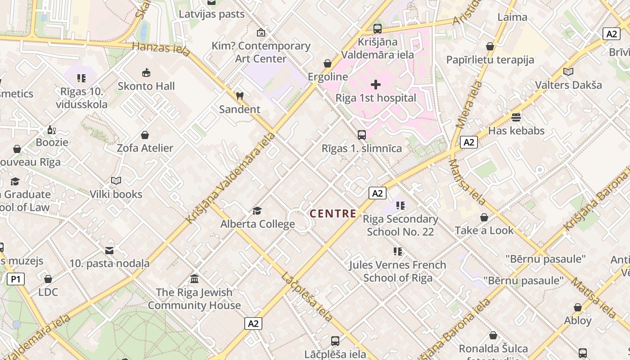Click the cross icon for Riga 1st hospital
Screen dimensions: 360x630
click(376, 85)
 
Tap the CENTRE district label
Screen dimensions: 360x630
click(333, 214)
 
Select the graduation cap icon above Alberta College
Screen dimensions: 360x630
click(257, 211)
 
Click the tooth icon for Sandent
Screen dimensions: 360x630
click(239, 96)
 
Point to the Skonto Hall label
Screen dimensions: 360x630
click(146, 86)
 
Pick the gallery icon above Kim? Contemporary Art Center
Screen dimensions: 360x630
click(261, 32)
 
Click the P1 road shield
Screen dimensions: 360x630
click(16, 279)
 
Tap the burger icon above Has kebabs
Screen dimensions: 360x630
click(516, 117)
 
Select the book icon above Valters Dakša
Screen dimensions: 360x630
click(568, 72)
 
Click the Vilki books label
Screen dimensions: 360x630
click(116, 194)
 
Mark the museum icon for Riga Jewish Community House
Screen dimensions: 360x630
click(194, 279)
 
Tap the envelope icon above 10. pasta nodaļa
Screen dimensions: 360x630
click(109, 250)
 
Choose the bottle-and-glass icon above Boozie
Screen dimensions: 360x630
click(52, 130)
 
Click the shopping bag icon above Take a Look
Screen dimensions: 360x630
click(484, 217)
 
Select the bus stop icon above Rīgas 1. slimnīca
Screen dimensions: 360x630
click(361, 135)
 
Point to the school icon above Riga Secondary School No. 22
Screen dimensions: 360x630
click(400, 206)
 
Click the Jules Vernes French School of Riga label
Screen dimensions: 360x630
click(398, 271)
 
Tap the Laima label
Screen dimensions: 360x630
click(512, 17)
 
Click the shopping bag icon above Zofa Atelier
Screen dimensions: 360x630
click(145, 135)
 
